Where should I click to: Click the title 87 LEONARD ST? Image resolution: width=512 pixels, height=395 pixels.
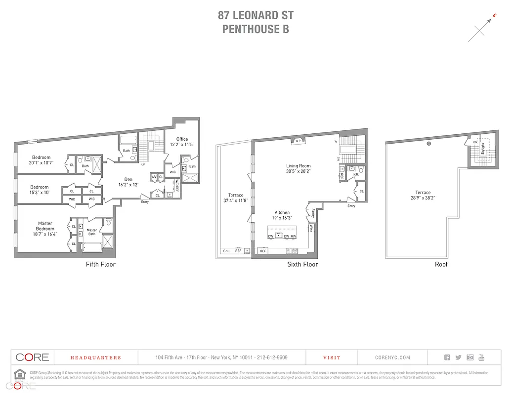(x=256, y=15)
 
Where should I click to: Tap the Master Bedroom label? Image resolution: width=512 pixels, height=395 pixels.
(x=45, y=229)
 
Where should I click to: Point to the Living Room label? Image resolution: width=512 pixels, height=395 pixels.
(x=298, y=169)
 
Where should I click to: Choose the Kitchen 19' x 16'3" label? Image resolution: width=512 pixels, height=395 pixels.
(x=282, y=215)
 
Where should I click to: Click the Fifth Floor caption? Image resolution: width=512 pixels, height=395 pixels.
(x=100, y=265)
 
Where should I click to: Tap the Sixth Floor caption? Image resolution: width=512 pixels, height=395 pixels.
(x=302, y=265)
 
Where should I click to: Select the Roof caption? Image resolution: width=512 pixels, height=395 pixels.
(x=441, y=265)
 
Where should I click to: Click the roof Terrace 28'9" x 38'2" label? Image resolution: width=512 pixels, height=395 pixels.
(x=423, y=195)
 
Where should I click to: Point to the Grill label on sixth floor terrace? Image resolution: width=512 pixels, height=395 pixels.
(x=226, y=251)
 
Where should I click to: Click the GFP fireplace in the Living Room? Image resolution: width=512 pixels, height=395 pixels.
(x=298, y=141)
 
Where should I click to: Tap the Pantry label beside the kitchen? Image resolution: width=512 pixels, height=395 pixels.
(x=313, y=213)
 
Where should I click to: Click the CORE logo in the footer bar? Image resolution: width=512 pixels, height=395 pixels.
(x=32, y=357)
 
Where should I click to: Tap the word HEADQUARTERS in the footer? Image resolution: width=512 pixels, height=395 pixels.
(x=95, y=357)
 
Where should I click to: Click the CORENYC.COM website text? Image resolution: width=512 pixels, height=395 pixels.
(x=392, y=357)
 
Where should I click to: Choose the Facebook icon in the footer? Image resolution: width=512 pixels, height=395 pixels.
(x=447, y=357)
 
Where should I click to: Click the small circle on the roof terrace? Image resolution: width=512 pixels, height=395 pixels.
(x=429, y=144)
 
